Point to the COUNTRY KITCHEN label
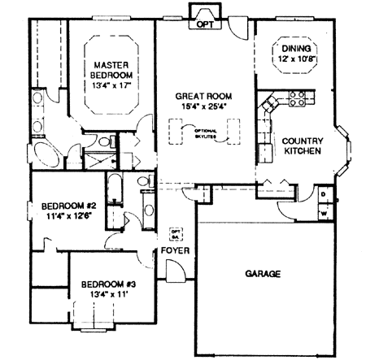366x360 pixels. (x=302, y=145)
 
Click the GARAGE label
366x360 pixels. (x=263, y=274)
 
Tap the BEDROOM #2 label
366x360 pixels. (x=69, y=206)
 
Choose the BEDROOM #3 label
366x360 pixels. (x=107, y=284)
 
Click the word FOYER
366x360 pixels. (x=175, y=250)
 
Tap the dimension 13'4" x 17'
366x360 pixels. (x=112, y=83)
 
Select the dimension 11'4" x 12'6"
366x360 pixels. (x=69, y=216)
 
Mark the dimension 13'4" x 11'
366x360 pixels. (x=107, y=294)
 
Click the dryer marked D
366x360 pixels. (x=324, y=195)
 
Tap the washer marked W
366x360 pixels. (x=324, y=213)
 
